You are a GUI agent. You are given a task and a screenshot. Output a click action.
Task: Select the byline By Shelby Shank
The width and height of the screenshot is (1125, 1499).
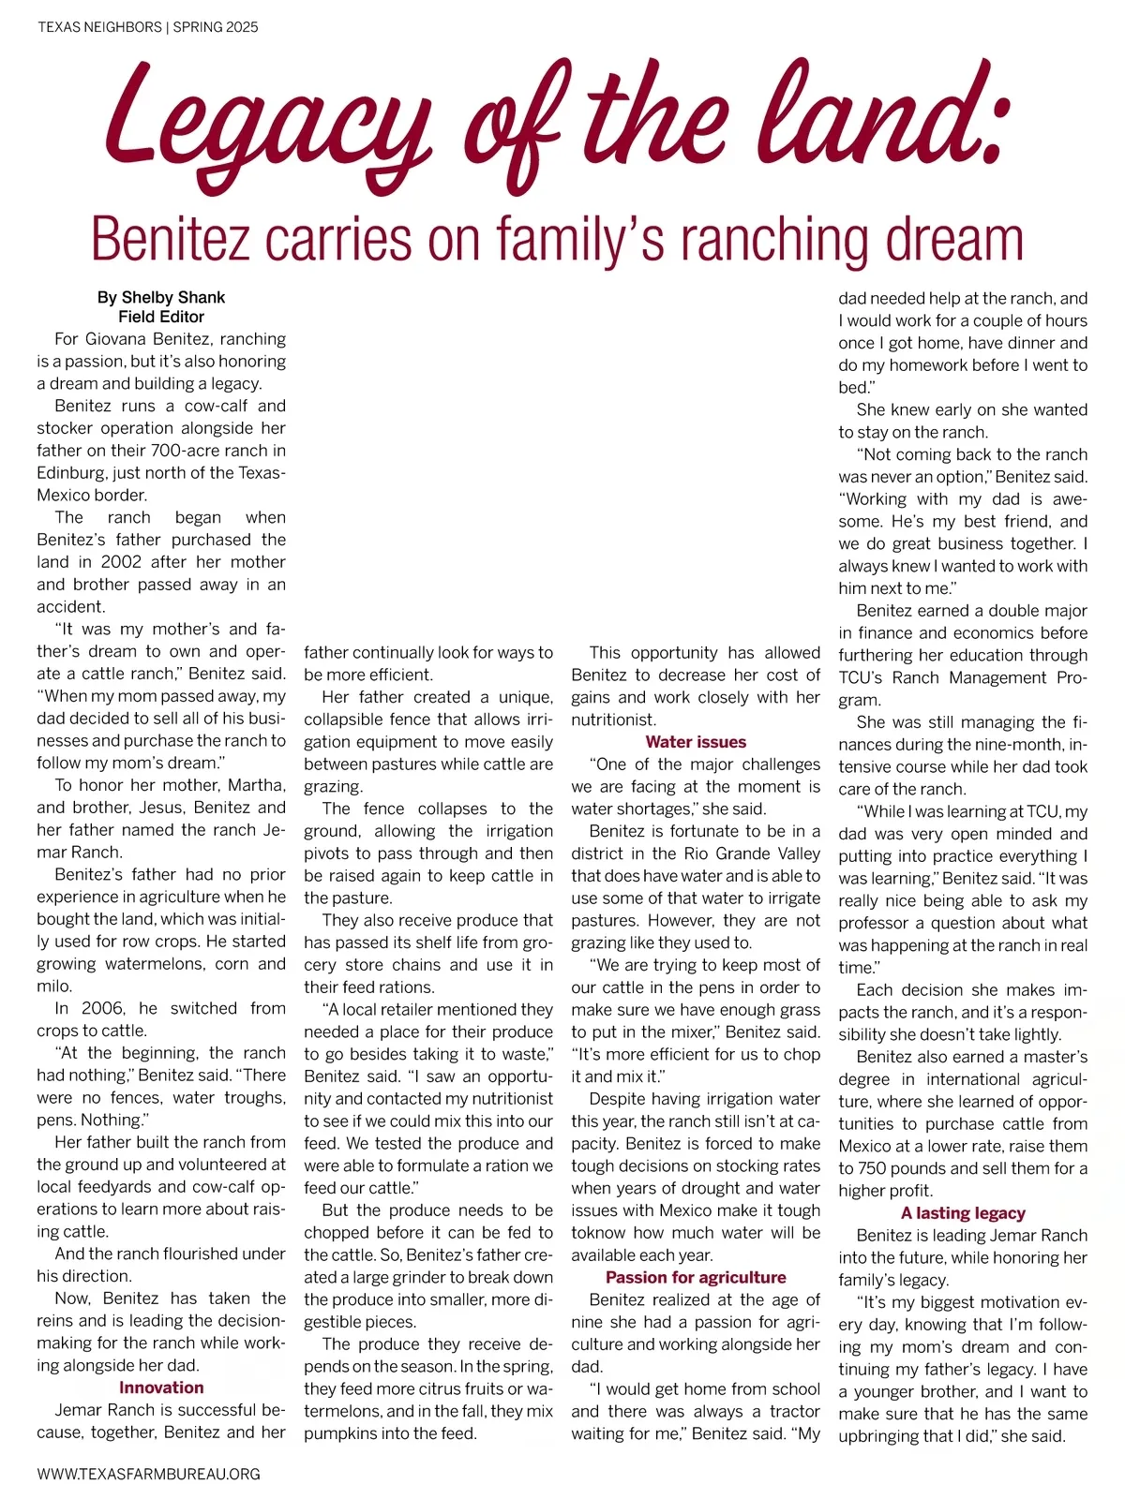click(x=161, y=297)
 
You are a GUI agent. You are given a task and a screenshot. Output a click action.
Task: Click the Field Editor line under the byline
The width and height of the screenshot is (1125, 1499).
click(x=161, y=317)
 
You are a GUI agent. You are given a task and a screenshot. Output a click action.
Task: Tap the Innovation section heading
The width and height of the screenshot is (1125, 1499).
click(x=161, y=1388)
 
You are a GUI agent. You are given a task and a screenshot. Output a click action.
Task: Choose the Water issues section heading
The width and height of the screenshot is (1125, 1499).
click(x=696, y=742)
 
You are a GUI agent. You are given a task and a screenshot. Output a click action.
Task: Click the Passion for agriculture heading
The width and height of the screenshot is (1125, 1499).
click(x=696, y=1277)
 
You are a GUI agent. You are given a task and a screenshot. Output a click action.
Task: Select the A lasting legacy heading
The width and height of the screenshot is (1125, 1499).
click(x=963, y=1213)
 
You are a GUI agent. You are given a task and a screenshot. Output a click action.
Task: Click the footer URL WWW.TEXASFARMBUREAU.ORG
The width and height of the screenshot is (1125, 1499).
click(x=148, y=1474)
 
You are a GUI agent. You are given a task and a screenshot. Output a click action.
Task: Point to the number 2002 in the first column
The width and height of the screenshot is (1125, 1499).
click(x=121, y=562)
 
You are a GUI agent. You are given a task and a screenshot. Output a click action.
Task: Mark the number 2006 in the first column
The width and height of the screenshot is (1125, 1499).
click(x=101, y=1008)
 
